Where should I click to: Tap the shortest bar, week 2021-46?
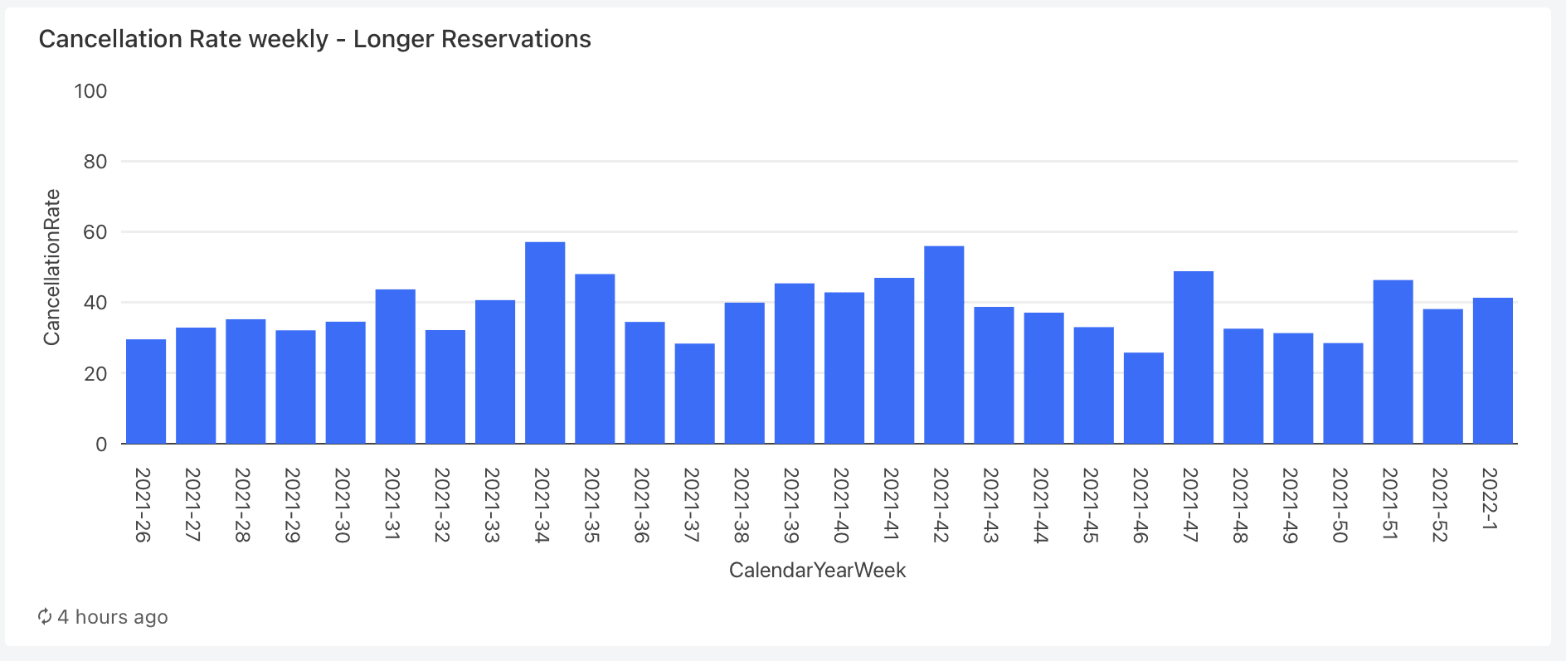pyautogui.click(x=1144, y=398)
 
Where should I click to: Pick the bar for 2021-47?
pyautogui.click(x=1194, y=357)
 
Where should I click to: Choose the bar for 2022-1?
pyautogui.click(x=1493, y=371)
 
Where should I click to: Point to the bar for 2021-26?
pyautogui.click(x=146, y=391)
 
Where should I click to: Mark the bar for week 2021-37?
pyautogui.click(x=694, y=393)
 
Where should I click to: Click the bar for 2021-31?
pyautogui.click(x=396, y=367)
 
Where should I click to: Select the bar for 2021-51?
pyautogui.click(x=1393, y=362)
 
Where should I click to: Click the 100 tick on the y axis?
pyautogui.click(x=90, y=91)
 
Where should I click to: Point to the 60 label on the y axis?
pyautogui.click(x=95, y=232)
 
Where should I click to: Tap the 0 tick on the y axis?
pyautogui.click(x=101, y=445)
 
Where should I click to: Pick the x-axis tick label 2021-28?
pyautogui.click(x=241, y=505)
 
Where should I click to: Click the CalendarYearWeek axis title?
pyautogui.click(x=817, y=571)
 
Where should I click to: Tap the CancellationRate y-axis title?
pyautogui.click(x=52, y=267)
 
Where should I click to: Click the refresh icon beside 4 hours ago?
pyautogui.click(x=45, y=616)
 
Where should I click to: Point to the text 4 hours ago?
pyautogui.click(x=113, y=617)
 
